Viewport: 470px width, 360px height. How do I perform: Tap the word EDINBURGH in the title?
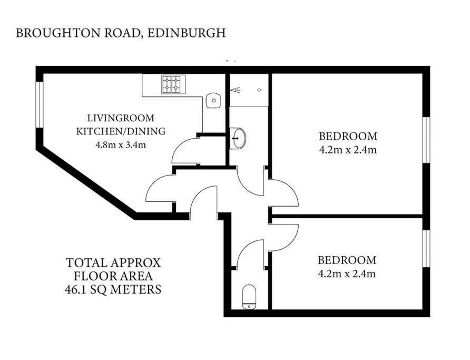(187, 33)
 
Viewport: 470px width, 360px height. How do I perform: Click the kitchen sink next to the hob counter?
(213, 101)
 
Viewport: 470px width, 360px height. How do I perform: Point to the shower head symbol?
(236, 90)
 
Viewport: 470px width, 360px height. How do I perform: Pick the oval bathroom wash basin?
(238, 138)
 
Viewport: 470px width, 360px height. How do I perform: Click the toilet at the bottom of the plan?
(249, 297)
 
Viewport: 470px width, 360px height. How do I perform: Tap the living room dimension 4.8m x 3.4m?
(121, 145)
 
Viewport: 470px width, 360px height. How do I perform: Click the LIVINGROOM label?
(121, 118)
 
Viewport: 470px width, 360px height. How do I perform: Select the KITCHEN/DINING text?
(121, 131)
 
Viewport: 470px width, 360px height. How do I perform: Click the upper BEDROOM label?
(348, 137)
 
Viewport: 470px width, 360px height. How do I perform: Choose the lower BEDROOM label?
(347, 260)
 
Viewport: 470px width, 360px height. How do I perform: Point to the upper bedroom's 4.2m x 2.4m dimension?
(348, 150)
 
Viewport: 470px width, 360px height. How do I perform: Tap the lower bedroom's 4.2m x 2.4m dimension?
(347, 274)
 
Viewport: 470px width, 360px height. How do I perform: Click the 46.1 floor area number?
(75, 289)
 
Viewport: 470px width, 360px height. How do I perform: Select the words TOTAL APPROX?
(113, 263)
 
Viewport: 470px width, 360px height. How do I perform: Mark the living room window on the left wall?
(40, 104)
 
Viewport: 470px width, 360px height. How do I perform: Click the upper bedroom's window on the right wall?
(426, 140)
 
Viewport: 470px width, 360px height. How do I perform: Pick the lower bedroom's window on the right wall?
(426, 249)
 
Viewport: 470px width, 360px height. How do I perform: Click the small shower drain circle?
(259, 90)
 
